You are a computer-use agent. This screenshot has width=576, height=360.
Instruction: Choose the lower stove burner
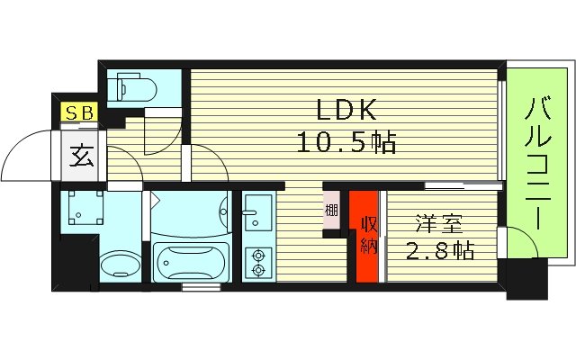tap(259, 270)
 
